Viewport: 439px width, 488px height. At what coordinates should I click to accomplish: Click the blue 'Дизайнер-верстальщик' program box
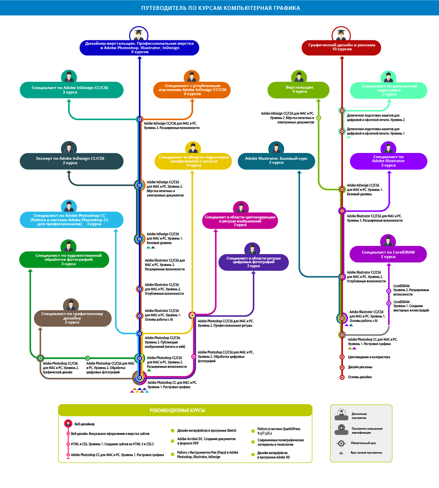click(139, 48)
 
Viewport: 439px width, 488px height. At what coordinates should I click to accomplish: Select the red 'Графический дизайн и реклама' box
click(342, 47)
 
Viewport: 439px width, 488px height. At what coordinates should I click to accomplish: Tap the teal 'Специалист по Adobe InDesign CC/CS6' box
click(71, 90)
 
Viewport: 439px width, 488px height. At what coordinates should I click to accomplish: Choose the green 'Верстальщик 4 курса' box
click(299, 89)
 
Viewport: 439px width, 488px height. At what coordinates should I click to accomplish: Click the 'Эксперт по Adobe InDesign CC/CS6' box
click(71, 161)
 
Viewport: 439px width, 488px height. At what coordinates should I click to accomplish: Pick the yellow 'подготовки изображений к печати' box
click(193, 161)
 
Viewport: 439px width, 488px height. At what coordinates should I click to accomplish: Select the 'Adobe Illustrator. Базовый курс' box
click(276, 161)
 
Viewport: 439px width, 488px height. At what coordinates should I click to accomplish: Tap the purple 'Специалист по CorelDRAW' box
click(388, 254)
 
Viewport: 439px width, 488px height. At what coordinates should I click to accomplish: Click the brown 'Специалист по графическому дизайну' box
click(72, 318)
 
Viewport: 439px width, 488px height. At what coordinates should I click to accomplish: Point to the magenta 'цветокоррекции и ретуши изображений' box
click(240, 221)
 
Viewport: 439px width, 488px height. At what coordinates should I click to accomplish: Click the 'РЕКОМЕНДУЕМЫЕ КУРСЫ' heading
click(177, 411)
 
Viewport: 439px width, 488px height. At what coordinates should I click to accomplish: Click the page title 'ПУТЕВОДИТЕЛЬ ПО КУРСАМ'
click(220, 8)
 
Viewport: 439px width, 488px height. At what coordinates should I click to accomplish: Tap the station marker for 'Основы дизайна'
click(342, 377)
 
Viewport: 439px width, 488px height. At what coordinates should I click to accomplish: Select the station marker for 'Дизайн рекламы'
click(342, 367)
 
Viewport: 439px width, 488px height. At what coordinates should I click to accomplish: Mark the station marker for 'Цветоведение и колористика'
click(342, 357)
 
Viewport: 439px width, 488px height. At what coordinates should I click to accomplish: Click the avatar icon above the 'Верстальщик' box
click(299, 77)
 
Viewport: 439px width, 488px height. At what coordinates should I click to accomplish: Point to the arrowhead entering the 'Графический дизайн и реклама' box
click(342, 58)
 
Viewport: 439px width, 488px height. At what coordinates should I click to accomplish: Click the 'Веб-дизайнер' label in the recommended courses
click(85, 424)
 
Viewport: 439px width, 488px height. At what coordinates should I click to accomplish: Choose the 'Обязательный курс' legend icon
click(341, 443)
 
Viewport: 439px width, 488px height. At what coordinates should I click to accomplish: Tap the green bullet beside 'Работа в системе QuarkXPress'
click(253, 431)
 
